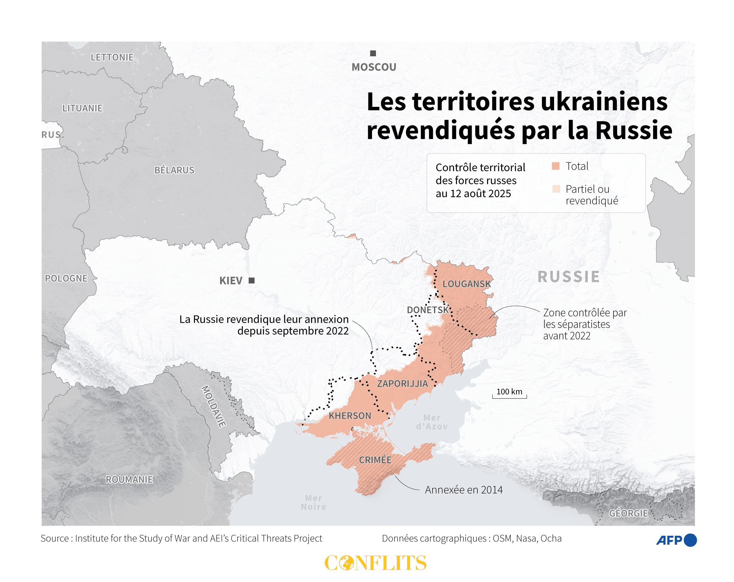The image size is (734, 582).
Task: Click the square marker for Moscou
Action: [373, 53]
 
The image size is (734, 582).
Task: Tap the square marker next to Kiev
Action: [252, 280]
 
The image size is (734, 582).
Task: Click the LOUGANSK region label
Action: [466, 284]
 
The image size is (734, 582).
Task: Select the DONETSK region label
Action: [428, 310]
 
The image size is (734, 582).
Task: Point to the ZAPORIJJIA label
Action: [402, 384]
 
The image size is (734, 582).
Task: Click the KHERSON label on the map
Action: [350, 416]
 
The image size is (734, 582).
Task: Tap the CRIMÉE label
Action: [375, 460]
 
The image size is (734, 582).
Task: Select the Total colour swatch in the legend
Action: [556, 166]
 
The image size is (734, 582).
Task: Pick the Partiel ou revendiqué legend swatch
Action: [556, 189]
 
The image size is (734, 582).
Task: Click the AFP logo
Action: [676, 540]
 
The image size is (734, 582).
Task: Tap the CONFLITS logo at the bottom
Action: [375, 563]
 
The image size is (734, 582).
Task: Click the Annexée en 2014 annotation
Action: [463, 490]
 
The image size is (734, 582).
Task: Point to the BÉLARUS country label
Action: [174, 170]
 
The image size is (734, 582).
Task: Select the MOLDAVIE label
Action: [214, 406]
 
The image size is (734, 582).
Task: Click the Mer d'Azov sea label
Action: [432, 422]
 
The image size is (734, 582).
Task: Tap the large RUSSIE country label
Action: [568, 277]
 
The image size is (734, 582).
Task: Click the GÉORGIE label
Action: [628, 513]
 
